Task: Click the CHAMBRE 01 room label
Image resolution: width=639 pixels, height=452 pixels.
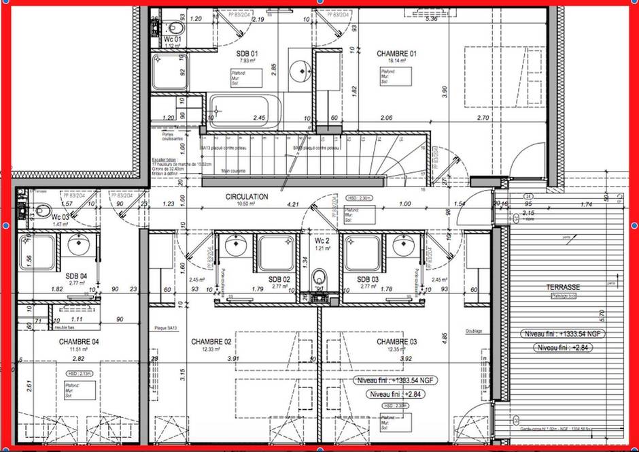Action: [x=396, y=53]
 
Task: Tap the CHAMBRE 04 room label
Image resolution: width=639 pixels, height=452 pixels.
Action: [x=80, y=342]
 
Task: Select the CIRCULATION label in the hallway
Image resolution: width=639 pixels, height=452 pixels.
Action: [x=247, y=197]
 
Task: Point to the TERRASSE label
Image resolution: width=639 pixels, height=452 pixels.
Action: [x=563, y=288]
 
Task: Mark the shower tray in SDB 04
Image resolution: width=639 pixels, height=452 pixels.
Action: [x=36, y=252]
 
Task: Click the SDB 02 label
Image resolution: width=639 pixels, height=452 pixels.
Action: [x=279, y=280]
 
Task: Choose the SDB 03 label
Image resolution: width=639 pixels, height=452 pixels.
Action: [x=368, y=280]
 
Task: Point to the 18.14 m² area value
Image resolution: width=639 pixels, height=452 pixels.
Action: [x=396, y=61]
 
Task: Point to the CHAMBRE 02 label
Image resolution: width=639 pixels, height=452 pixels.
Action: [x=212, y=342]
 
